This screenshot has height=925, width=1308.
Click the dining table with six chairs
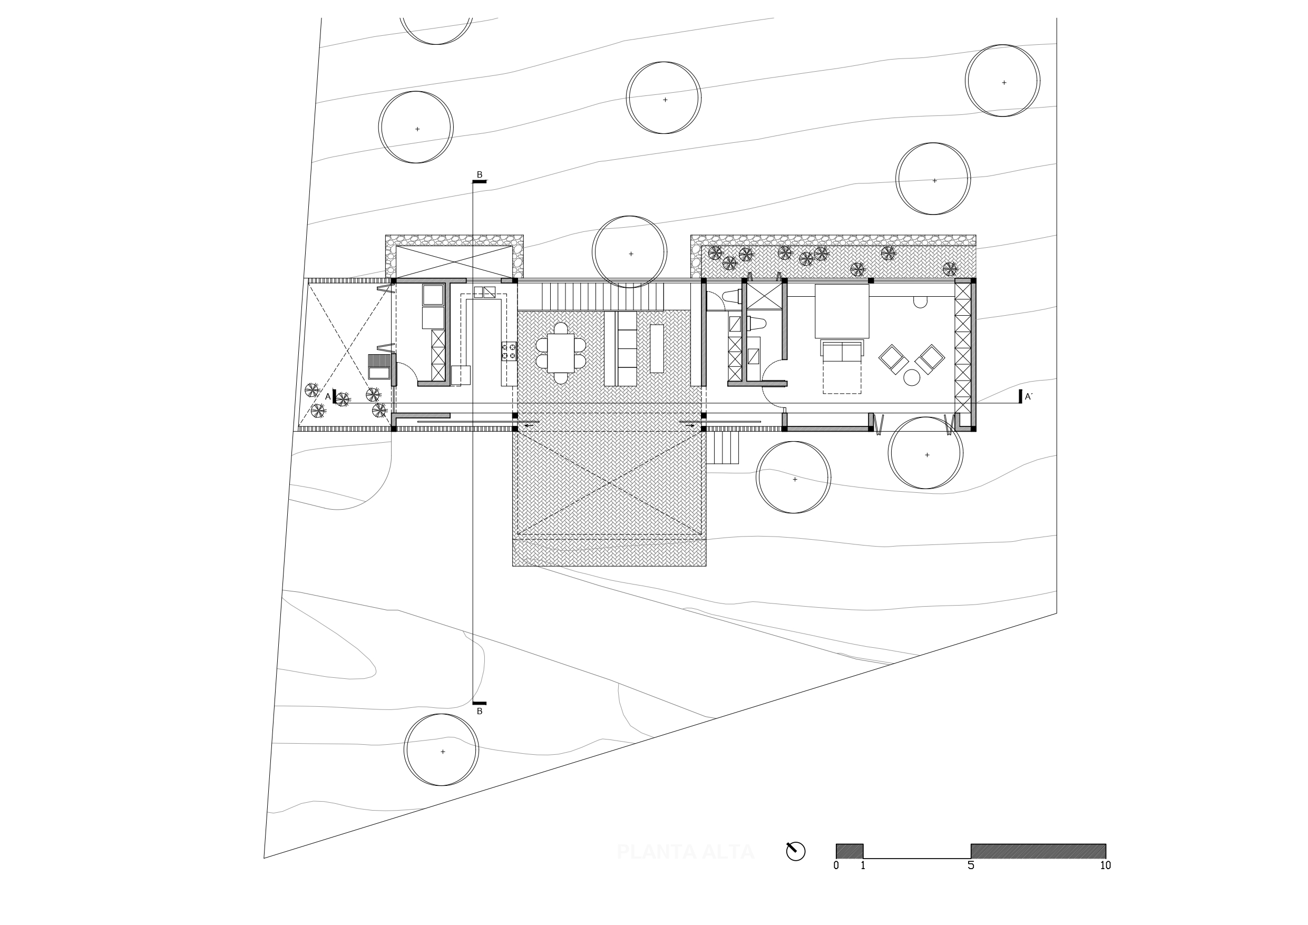[x=561, y=353]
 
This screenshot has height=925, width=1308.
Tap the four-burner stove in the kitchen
[x=509, y=351]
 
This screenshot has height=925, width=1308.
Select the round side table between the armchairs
[x=912, y=377]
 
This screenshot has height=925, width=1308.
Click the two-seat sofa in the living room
[x=842, y=351]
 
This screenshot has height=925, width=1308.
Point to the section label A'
[x=1028, y=397]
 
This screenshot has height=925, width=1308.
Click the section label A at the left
[x=328, y=397]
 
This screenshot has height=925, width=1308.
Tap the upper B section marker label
[x=479, y=175]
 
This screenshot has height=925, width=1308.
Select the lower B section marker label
[x=479, y=712]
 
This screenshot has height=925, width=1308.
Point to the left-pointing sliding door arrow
[x=529, y=425]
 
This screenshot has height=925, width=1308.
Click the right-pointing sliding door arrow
[x=690, y=425]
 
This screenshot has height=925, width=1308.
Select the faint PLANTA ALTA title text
[x=685, y=852]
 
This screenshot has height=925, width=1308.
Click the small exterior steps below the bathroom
[x=723, y=447]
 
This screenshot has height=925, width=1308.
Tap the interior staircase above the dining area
[x=603, y=296]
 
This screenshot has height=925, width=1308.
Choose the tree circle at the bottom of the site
[x=442, y=749]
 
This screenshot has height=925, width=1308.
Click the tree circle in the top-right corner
[x=1002, y=81]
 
